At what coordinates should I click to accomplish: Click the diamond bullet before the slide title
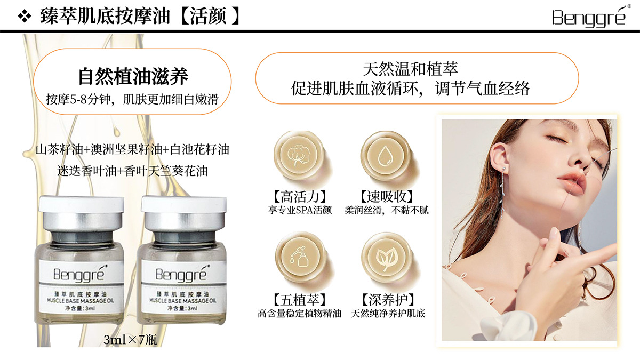25,17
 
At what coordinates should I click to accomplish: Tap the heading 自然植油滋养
133,76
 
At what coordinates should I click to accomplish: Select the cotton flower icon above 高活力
299,156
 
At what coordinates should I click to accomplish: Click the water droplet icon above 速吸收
385,156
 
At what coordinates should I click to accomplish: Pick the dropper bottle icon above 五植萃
299,257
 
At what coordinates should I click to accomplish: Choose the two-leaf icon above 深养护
386,258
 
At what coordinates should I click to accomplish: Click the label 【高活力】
300,197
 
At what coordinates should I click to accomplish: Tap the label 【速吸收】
386,197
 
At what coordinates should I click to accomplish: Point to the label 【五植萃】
300,300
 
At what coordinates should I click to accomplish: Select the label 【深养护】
388,300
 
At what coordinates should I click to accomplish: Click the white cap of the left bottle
82,204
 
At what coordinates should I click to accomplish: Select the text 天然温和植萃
410,69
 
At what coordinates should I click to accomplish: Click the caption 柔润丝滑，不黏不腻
387,210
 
